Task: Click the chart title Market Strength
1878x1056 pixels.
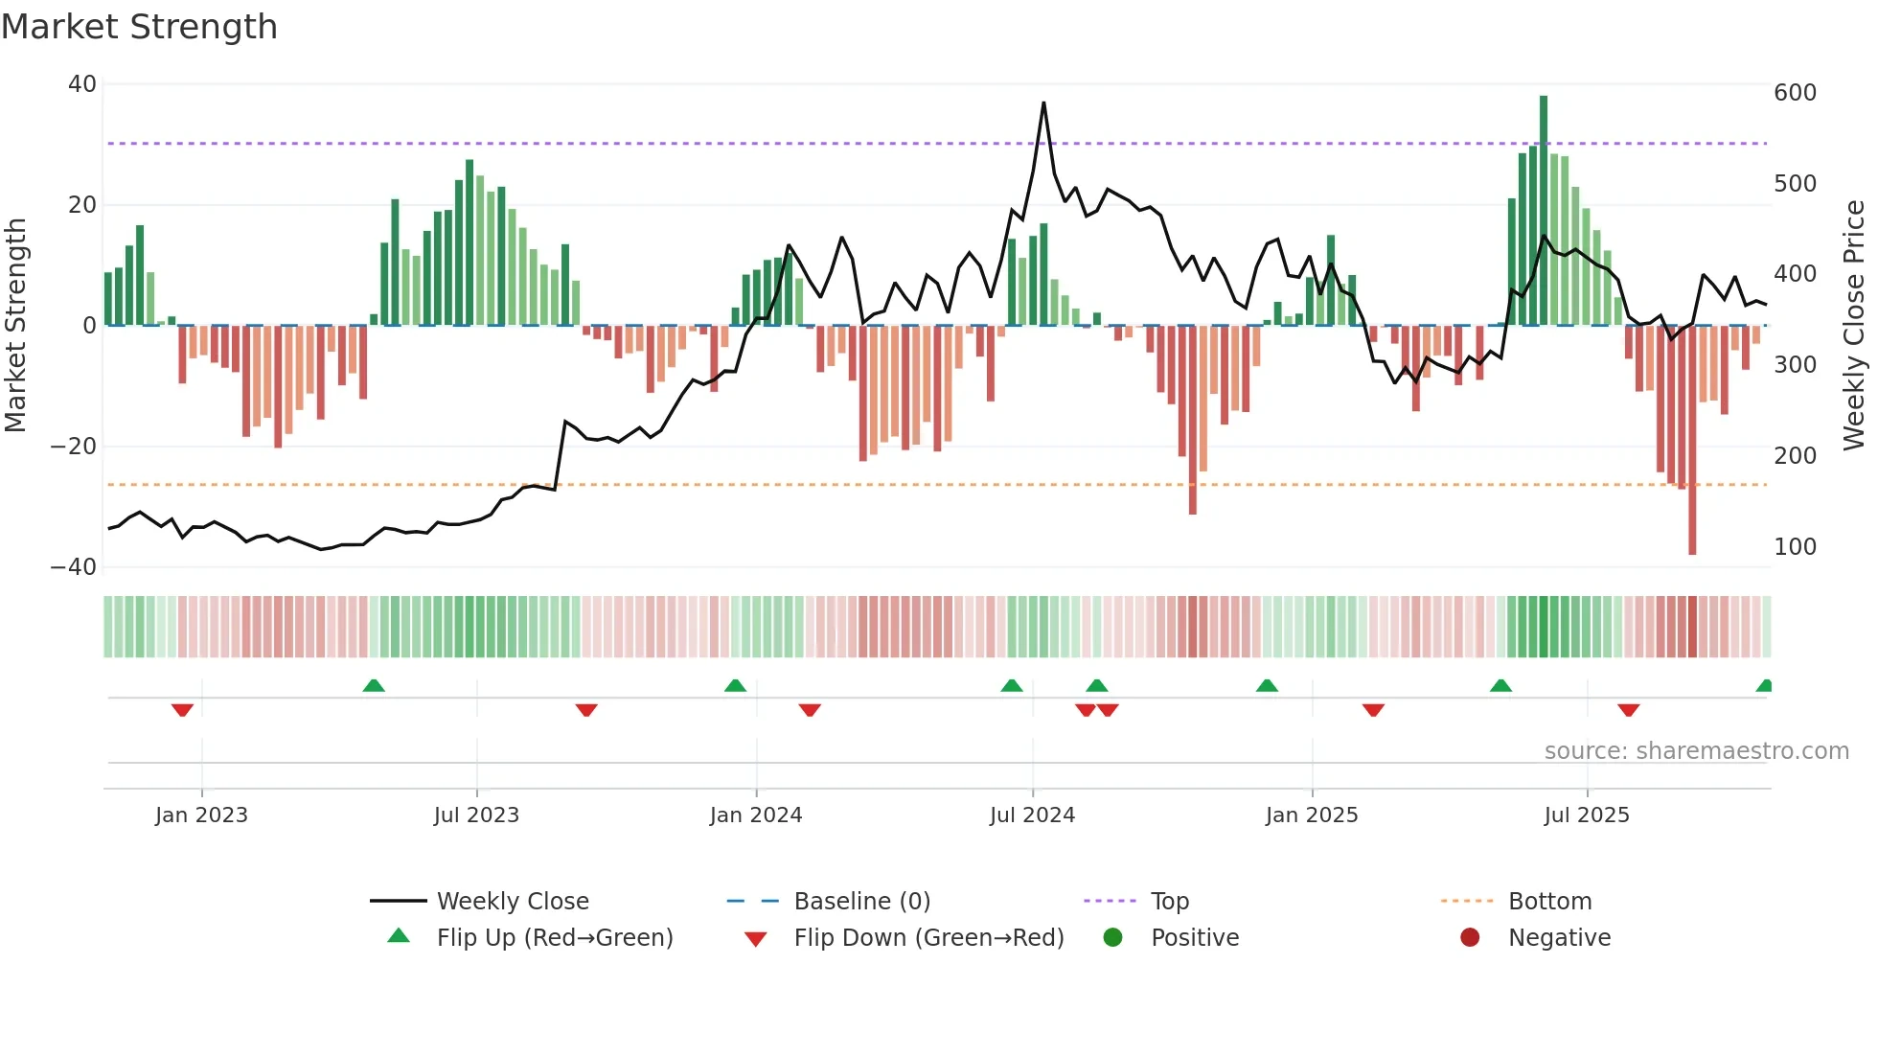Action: point(139,27)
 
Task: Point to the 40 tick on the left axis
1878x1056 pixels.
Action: point(82,84)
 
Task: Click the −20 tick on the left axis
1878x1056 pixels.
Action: point(74,447)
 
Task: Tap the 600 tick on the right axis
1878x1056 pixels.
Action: point(1795,93)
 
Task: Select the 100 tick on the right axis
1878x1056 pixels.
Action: point(1795,547)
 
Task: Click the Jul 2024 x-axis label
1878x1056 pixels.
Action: point(1032,815)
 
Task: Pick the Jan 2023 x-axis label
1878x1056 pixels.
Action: point(201,815)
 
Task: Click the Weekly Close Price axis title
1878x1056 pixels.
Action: point(1854,326)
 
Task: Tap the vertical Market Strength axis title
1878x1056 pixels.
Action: point(16,326)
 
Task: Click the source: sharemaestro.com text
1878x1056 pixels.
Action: point(1696,751)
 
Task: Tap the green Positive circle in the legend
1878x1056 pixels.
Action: point(1112,938)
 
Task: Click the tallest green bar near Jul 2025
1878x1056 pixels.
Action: point(1544,211)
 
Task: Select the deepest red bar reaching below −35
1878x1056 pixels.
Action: point(1692,441)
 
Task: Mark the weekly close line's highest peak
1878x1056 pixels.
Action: point(1043,103)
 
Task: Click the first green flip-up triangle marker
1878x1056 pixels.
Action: point(374,685)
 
